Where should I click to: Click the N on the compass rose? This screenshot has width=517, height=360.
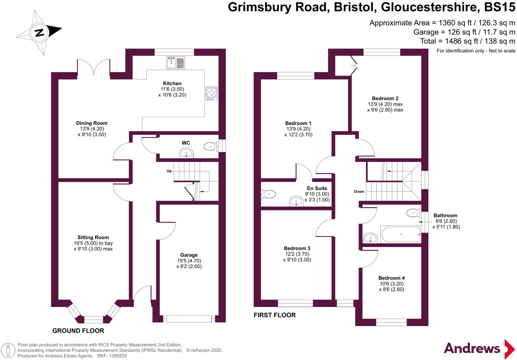click(x=39, y=33)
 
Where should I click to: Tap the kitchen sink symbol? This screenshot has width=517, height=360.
click(x=175, y=63)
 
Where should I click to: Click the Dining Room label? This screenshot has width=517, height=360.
click(x=92, y=123)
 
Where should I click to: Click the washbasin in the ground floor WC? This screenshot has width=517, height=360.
click(x=186, y=153)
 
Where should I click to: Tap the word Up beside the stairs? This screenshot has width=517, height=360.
click(x=169, y=171)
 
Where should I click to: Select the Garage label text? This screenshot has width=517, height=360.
click(x=189, y=255)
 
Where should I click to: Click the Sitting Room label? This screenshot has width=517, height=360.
click(x=93, y=237)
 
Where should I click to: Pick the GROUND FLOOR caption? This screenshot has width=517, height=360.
click(x=78, y=330)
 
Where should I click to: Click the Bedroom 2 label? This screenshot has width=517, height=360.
click(x=385, y=98)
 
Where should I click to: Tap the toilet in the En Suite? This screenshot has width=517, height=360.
click(x=268, y=194)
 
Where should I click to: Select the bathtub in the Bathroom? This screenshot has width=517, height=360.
click(x=401, y=235)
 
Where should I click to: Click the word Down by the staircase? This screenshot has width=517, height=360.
click(x=359, y=191)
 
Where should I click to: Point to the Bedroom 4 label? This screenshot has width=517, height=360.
click(x=391, y=278)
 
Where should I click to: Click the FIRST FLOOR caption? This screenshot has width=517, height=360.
click(x=274, y=315)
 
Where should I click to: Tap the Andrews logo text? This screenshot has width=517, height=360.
click(x=472, y=349)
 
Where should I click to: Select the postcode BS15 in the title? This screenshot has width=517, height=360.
click(x=500, y=7)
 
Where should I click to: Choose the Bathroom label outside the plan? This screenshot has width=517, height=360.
click(x=445, y=215)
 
